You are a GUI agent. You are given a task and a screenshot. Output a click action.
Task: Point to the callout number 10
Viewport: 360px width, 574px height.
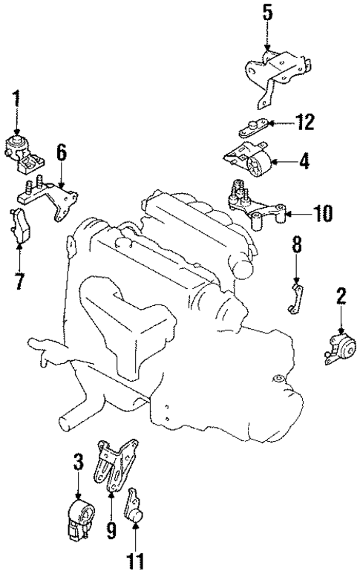click(322, 215)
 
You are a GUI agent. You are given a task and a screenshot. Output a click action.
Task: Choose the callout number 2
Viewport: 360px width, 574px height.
click(341, 298)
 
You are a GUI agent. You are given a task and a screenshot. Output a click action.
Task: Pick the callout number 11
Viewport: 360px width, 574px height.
click(136, 559)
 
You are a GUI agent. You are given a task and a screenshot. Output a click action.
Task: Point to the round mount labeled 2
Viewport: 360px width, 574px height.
click(338, 350)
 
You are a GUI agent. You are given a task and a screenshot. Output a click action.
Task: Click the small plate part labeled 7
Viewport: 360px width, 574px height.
click(18, 226)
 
